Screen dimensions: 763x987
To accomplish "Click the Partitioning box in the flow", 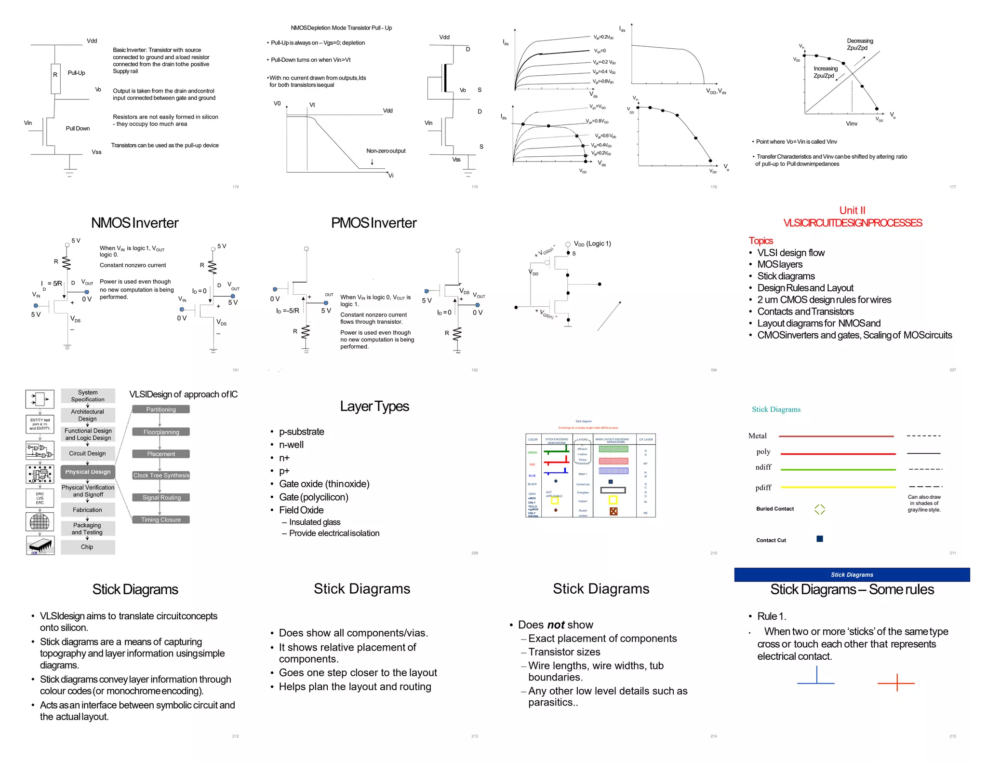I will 161,409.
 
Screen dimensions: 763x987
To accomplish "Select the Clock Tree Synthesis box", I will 161,476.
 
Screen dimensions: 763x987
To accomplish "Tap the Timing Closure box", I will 161,520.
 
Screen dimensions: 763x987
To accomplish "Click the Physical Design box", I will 88,472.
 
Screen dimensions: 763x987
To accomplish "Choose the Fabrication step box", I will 88,510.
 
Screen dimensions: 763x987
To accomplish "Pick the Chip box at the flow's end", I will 88,547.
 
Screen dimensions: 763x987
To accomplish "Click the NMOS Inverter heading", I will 135,223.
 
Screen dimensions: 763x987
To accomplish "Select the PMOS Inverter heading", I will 373,223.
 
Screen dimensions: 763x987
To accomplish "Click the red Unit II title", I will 852,211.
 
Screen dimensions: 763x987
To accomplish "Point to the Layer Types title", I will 374,407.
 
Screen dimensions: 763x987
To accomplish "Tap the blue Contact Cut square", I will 820,539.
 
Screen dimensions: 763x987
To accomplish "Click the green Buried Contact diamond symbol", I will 820,509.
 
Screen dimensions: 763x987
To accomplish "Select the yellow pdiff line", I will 838,487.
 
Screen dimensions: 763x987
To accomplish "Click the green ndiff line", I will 838,469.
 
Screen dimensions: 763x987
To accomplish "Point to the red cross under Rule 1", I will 896,683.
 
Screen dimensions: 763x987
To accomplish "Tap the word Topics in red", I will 760,241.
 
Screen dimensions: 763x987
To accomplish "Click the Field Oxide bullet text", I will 301,510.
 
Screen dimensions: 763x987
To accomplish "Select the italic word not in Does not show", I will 556,625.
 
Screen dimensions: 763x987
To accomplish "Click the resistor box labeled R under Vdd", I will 55,78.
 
